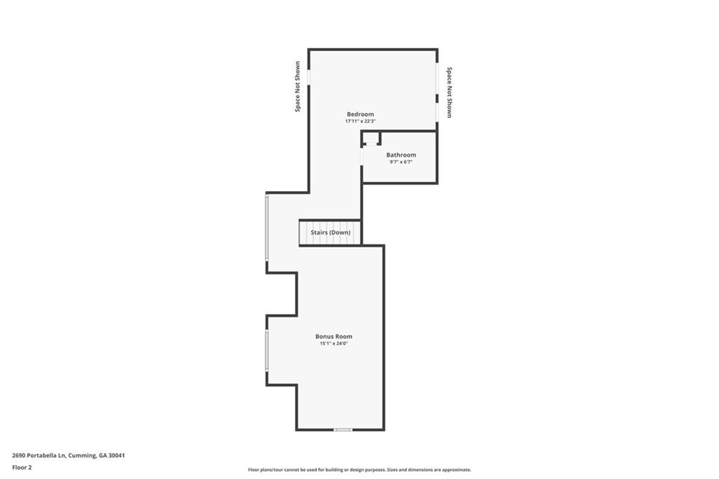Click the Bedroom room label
(360, 114)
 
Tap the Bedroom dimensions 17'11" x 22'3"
(360, 121)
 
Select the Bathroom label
(401, 155)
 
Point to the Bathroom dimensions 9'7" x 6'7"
(401, 162)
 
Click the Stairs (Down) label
(331, 232)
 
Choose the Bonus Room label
(334, 336)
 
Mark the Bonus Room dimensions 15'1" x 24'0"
(334, 343)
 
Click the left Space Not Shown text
(298, 86)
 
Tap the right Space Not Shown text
(449, 92)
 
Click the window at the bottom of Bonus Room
(343, 429)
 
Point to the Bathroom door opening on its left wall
(362, 156)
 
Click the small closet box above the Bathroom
(371, 138)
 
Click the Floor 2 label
(22, 466)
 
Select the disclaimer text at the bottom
(359, 470)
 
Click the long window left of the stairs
(267, 228)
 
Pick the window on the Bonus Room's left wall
(267, 350)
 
